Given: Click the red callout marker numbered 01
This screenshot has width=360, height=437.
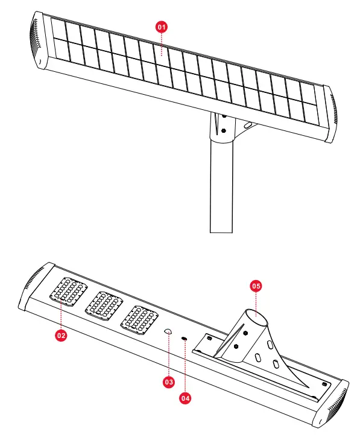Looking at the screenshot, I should pos(161,27).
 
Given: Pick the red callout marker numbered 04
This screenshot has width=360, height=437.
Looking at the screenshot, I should pos(186,398).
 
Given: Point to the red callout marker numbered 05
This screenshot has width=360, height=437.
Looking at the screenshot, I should pos(256,286).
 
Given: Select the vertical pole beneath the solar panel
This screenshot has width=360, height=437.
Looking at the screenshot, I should pos(221,187).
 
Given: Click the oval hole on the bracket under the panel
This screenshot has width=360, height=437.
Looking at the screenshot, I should pos(246,126).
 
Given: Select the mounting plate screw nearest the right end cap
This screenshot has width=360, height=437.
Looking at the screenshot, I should pos(325,384).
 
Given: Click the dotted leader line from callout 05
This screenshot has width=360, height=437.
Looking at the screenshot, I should pos(256,302).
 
